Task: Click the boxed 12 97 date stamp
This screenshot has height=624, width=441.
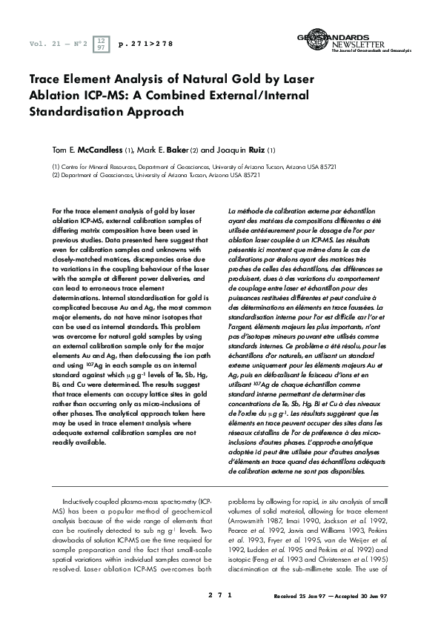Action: click(102, 44)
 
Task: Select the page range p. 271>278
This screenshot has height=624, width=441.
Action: click(146, 44)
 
